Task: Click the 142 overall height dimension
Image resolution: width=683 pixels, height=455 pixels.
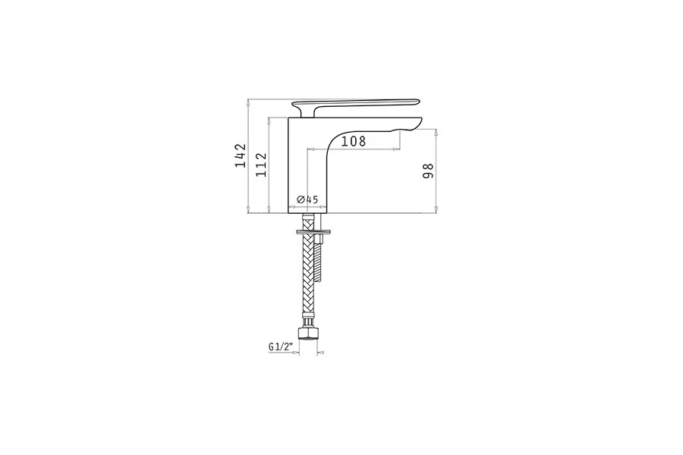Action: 241,155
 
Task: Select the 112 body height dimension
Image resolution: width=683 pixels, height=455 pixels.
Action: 261,165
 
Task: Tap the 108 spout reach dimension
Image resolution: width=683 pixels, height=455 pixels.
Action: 353,141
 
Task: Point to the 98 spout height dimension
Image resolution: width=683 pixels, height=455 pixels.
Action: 428,170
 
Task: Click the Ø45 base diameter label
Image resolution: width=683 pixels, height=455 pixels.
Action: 307,199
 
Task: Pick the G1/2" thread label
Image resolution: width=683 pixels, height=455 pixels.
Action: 280,347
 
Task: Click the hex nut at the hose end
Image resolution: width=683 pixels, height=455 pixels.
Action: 308,334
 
